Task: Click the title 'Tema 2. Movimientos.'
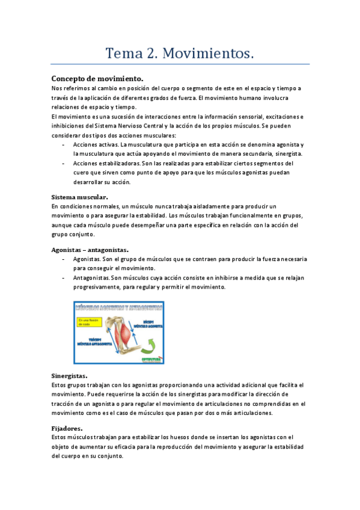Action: click(180, 54)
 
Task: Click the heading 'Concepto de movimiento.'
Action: click(97, 79)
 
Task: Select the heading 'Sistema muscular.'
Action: click(80, 197)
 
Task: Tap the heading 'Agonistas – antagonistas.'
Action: click(90, 249)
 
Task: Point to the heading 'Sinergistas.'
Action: click(70, 375)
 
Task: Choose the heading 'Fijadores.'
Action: click(67, 428)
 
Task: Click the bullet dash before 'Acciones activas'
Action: click(64, 145)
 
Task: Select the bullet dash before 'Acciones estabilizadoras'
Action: click(64, 163)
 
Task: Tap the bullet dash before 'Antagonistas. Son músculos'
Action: click(64, 278)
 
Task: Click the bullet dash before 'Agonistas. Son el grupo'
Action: click(64, 259)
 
